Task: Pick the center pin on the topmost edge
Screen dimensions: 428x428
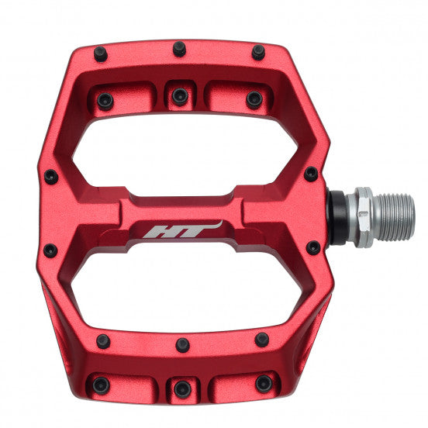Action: (179, 49)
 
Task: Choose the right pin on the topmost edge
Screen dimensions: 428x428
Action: (258, 52)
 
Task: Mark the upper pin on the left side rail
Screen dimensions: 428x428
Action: (50, 177)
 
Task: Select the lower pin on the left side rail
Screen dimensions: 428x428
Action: (50, 250)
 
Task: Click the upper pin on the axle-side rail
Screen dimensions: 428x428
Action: (311, 174)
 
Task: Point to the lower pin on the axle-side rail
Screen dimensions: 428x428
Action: (313, 248)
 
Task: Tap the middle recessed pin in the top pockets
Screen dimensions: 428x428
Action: (180, 96)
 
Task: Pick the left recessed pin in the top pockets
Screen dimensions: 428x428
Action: (105, 100)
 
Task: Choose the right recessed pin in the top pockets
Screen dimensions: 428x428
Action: (254, 98)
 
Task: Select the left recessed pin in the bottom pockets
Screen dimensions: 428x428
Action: (100, 384)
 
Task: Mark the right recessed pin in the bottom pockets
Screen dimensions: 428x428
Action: (264, 383)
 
